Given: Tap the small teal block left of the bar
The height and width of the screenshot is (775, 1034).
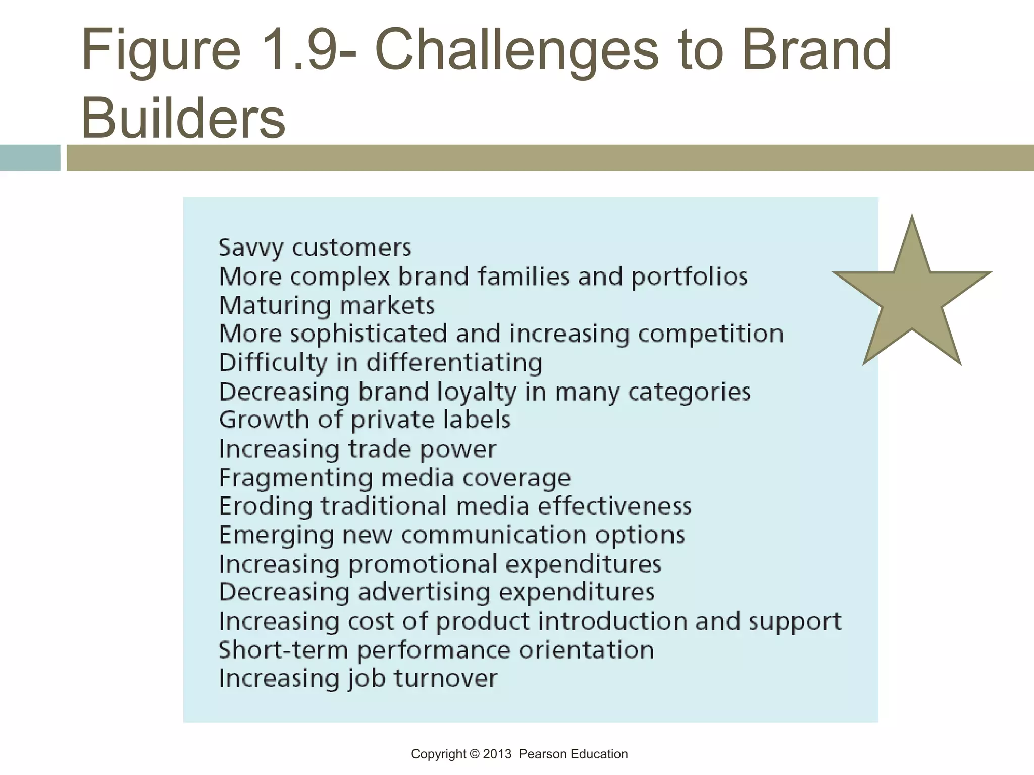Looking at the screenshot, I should tap(30, 157).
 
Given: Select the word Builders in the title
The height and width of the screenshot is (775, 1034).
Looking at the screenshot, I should tap(183, 118).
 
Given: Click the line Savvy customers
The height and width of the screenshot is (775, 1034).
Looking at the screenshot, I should tap(315, 248).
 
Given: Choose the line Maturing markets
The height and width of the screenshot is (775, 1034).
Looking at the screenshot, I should tap(327, 306).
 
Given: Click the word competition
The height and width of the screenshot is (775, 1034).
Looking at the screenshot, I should tap(710, 334).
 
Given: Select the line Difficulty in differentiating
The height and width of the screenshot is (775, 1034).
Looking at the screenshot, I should tap(381, 363).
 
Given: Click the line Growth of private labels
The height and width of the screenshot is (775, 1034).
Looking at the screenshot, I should tap(365, 420).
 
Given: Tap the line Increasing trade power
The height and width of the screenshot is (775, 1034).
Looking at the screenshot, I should tap(357, 449).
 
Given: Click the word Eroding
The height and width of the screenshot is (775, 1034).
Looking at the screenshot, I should tap(266, 506).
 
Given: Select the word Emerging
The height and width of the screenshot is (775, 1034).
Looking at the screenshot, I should tap(276, 535).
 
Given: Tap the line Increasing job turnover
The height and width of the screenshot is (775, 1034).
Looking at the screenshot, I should tap(358, 678).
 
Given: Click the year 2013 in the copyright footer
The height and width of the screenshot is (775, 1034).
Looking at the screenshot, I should tap(497, 754).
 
